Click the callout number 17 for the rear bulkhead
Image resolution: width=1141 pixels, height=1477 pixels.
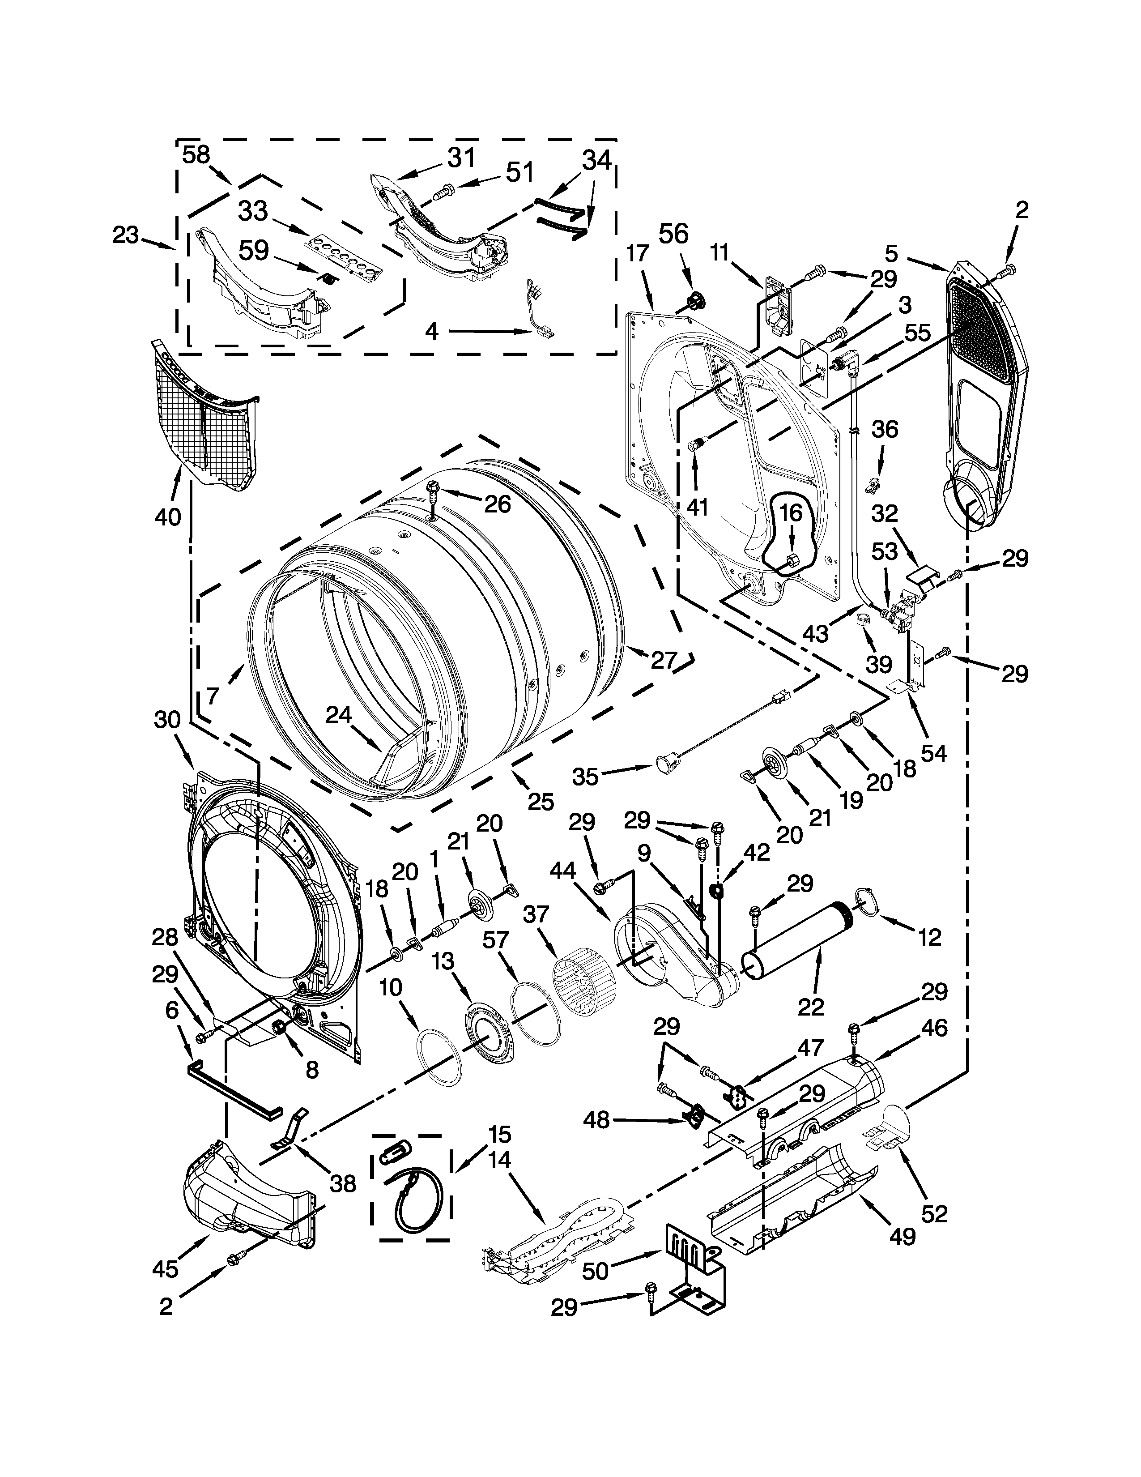coord(637,254)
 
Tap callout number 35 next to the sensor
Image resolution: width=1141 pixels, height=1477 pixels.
coord(585,777)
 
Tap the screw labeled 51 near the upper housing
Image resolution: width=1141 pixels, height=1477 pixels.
coord(442,194)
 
